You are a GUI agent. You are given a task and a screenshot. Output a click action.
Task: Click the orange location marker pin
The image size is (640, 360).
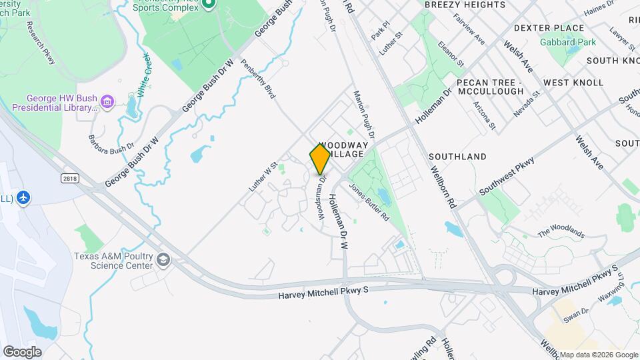click(x=320, y=159)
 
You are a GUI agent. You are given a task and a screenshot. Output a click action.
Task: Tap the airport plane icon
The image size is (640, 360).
click(x=25, y=197)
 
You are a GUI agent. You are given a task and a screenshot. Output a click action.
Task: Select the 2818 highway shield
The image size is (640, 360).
click(x=68, y=178)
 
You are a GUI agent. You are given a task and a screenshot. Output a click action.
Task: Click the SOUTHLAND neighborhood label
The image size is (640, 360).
click(x=457, y=157)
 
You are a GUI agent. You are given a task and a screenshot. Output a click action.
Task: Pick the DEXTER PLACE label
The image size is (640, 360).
click(x=549, y=28)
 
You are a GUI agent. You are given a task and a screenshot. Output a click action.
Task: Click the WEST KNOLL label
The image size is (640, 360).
click(x=573, y=83)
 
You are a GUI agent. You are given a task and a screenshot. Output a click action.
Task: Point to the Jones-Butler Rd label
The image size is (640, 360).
click(x=369, y=198)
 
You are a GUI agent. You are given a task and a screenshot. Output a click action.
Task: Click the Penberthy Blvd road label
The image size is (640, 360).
click(x=258, y=79)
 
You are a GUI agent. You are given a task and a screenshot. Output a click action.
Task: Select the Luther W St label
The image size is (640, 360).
click(x=263, y=177)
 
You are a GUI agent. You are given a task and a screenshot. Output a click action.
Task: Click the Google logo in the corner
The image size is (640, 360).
click(x=22, y=351)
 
